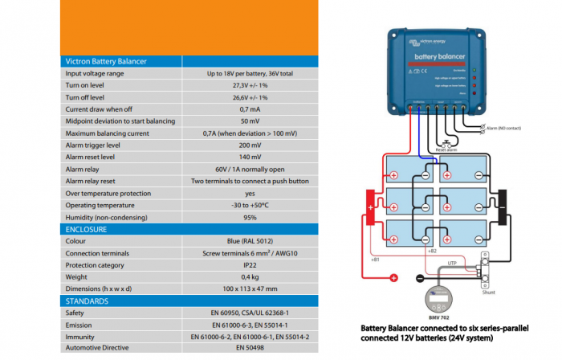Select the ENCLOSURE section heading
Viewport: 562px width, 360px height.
86,229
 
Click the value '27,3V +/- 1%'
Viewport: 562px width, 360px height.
249,84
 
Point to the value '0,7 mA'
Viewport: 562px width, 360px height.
249,108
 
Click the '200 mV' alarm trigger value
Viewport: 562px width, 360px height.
249,145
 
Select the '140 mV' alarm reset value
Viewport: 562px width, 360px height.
249,157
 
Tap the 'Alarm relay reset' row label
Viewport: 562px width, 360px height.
96,181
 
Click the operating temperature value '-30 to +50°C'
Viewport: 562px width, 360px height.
249,205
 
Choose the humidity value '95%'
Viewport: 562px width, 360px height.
249,217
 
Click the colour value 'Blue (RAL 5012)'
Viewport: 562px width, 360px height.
249,240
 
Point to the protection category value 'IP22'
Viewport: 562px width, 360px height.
249,264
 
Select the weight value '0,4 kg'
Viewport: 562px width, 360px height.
249,276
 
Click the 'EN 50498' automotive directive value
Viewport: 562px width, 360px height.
249,349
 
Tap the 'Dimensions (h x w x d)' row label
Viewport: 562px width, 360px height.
105,288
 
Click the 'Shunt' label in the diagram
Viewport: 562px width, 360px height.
488,293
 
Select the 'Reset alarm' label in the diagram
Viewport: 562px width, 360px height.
446,149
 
